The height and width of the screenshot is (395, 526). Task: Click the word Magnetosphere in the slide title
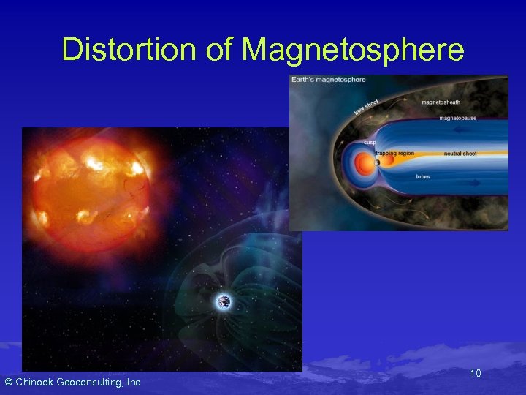click(x=353, y=49)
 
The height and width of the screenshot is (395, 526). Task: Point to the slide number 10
click(x=476, y=374)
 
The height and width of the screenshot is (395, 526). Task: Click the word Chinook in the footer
click(x=41, y=383)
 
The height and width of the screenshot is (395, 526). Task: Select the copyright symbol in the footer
click(x=9, y=383)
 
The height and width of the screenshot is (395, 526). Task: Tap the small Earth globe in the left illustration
click(x=224, y=301)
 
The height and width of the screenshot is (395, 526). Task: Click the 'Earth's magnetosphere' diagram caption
click(x=329, y=80)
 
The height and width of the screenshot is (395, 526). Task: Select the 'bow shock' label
click(x=367, y=106)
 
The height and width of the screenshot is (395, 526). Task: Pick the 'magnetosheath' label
click(x=441, y=102)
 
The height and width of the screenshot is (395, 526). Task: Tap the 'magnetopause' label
click(x=458, y=118)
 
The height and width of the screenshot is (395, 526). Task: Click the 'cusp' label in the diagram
click(x=370, y=143)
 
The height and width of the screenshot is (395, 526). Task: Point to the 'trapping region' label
click(x=394, y=154)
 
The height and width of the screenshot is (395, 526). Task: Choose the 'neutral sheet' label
click(x=460, y=154)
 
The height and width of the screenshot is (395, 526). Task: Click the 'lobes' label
click(x=423, y=176)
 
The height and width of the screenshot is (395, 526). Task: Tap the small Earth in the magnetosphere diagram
click(x=377, y=162)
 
